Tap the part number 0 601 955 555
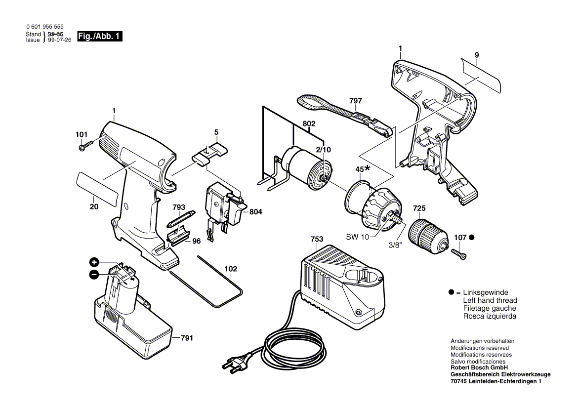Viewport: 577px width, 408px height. coord(44,28)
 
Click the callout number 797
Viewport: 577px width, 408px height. coord(355,101)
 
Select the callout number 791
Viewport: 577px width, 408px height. coord(186,338)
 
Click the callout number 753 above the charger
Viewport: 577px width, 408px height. coord(317,240)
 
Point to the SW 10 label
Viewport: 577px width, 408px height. coord(357,237)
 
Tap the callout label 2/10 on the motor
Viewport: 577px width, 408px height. coord(324,149)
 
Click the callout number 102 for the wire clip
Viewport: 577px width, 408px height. coord(230,269)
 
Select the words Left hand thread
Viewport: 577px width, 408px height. coord(490,300)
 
